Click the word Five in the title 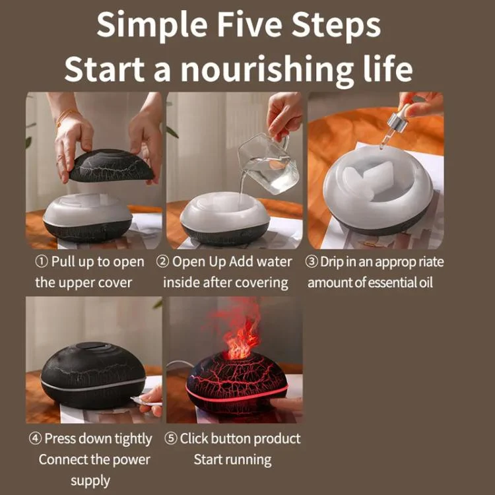pyautogui.click(x=250, y=24)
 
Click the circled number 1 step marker pyautogui.click(x=42, y=262)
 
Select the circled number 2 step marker pyautogui.click(x=162, y=262)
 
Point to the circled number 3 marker pyautogui.click(x=312, y=262)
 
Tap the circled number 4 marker pyautogui.click(x=35, y=438)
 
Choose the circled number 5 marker pyautogui.click(x=171, y=438)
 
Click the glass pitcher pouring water pyautogui.click(x=269, y=164)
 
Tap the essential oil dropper pyautogui.click(x=392, y=127)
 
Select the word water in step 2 pyautogui.click(x=274, y=262)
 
